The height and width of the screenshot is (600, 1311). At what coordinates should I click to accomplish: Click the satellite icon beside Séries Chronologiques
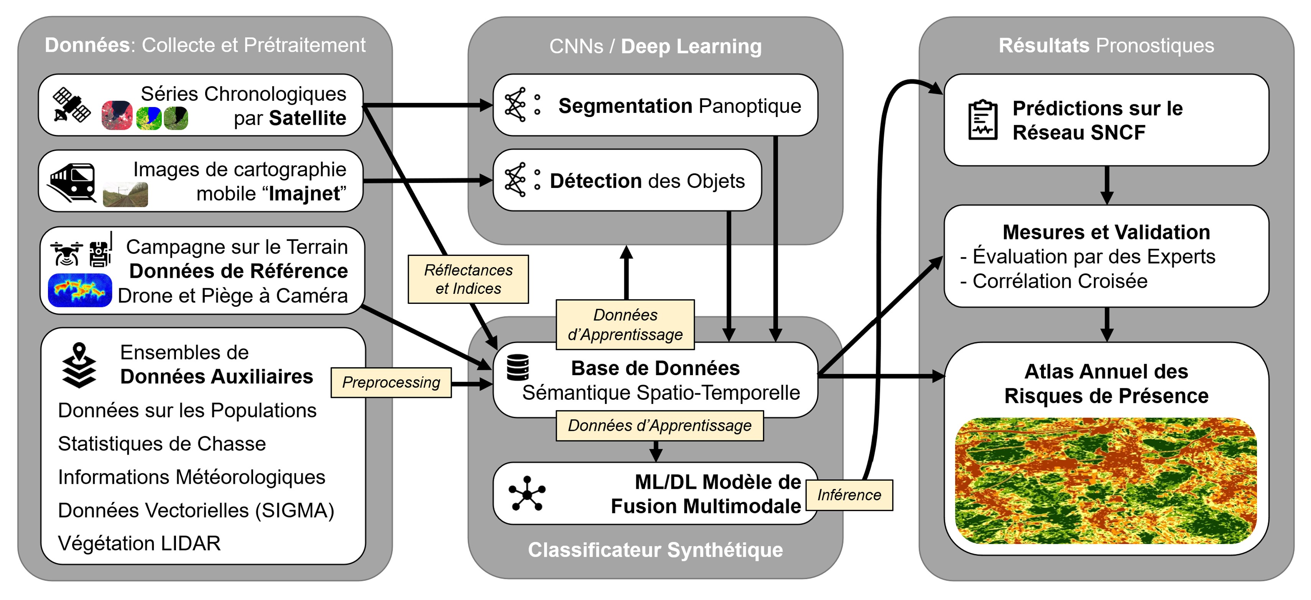coord(72,106)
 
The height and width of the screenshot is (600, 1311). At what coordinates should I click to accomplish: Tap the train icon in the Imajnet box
coord(72,182)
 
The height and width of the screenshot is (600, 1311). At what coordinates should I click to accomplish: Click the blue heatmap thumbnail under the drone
coord(80,290)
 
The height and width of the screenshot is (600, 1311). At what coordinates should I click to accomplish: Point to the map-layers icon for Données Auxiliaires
coord(79,365)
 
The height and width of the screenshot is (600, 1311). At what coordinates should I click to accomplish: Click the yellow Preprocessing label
coord(391,382)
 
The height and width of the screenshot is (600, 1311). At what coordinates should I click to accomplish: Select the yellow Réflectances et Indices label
coord(468,279)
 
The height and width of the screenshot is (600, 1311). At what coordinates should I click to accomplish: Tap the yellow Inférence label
coord(849,495)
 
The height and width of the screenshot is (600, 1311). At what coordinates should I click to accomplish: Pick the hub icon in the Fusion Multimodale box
coord(527,494)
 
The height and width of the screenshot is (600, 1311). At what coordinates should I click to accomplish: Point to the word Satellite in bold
coord(308,118)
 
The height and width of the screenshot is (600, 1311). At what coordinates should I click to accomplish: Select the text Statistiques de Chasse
coord(162,443)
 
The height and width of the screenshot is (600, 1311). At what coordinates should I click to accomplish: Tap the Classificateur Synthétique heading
coord(655,550)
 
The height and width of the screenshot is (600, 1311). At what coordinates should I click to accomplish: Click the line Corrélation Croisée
coord(1059,281)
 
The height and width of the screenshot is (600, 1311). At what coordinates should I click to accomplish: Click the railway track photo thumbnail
coord(125,195)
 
